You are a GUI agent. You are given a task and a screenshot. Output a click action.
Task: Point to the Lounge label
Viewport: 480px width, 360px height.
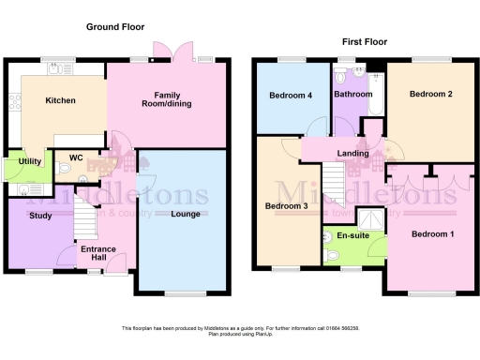(185, 215)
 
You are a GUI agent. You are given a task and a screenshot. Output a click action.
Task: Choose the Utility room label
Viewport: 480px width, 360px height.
(28, 161)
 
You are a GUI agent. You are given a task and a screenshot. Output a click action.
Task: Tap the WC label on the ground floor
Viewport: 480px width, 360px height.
(75, 158)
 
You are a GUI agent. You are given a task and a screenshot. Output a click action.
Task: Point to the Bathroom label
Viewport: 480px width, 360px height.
(353, 94)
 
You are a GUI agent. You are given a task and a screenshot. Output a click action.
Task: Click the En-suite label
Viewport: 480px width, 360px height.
(354, 236)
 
